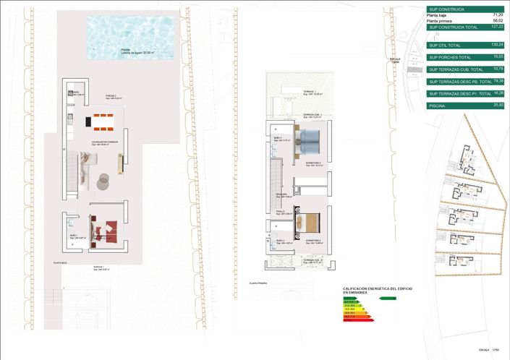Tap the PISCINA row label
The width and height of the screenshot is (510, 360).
(x=437, y=106)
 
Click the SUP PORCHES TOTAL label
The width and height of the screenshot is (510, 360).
(x=449, y=57)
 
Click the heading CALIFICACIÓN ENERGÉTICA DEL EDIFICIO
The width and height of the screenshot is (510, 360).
(x=378, y=289)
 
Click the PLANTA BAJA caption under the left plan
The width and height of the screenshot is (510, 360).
(x=60, y=263)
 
